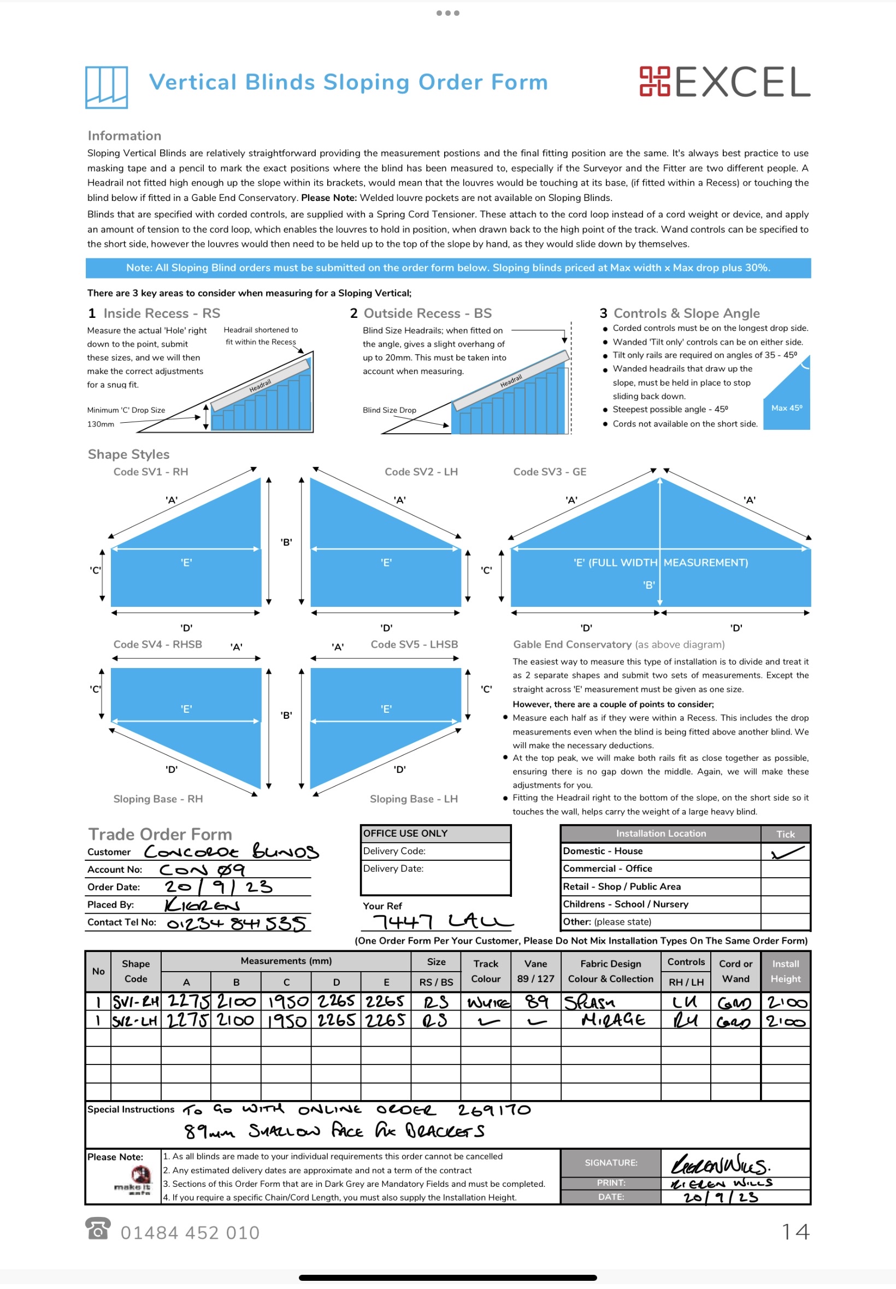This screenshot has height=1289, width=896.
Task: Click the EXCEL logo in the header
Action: (x=724, y=82)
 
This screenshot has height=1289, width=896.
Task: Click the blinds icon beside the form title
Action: (x=106, y=87)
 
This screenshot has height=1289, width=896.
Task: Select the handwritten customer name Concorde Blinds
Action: (x=231, y=852)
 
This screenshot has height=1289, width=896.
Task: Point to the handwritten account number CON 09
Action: (x=202, y=870)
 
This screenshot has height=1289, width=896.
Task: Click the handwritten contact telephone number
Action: (x=236, y=923)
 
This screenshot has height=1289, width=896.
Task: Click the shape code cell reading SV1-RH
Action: (x=136, y=1002)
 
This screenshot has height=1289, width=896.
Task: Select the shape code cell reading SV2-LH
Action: (x=135, y=1021)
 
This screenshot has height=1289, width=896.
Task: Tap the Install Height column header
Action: (x=785, y=971)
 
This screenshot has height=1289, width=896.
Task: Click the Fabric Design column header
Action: (x=610, y=971)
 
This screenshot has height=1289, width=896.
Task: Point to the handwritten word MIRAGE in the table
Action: (x=613, y=1020)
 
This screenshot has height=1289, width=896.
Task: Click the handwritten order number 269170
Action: (x=493, y=1109)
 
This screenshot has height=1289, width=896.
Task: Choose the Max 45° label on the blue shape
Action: (x=786, y=408)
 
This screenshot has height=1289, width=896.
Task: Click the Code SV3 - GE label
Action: (x=549, y=472)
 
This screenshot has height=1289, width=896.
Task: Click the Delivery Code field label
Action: (x=394, y=851)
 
